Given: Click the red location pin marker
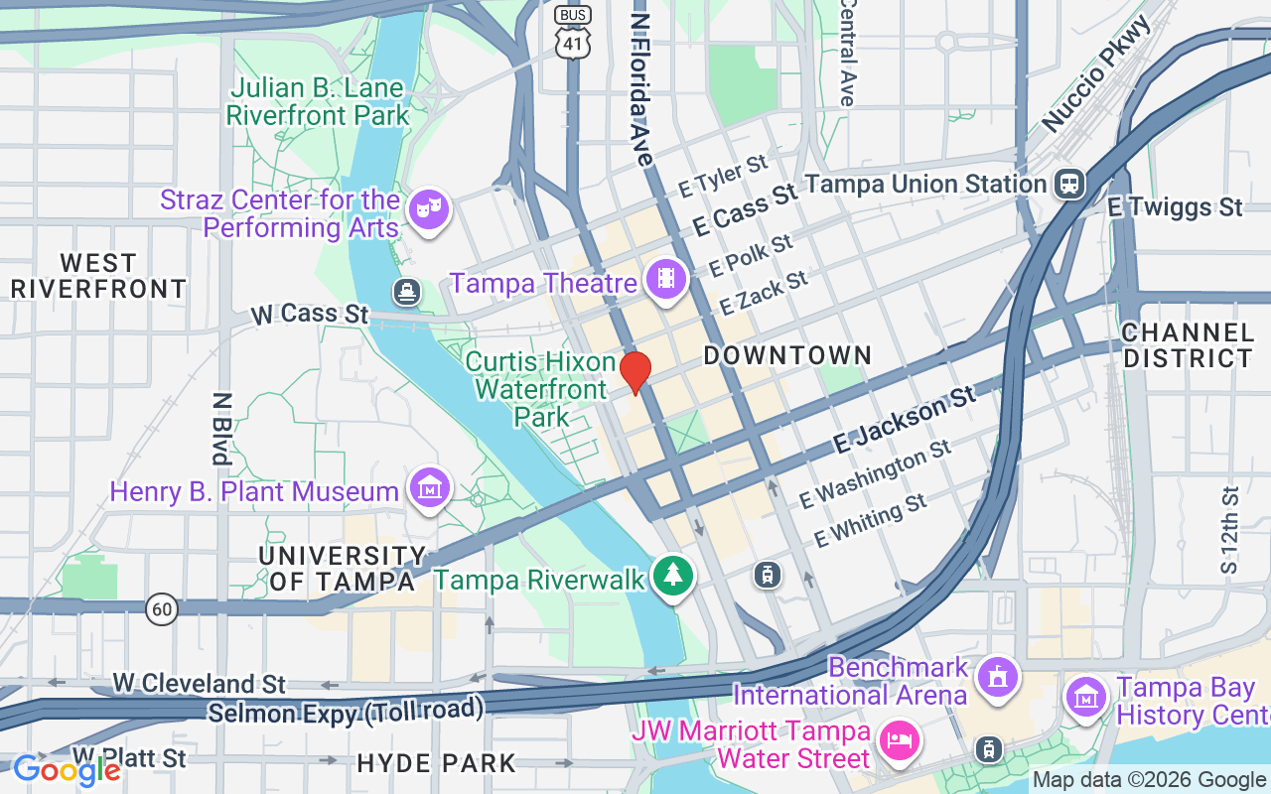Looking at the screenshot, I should [x=635, y=372].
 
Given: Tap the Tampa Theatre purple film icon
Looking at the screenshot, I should [x=666, y=279].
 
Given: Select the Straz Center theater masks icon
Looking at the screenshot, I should [x=429, y=209].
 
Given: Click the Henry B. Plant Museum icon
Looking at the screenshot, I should [x=429, y=488].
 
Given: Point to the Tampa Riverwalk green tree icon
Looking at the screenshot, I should [x=673, y=576].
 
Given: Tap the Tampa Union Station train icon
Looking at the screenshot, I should [x=1069, y=184].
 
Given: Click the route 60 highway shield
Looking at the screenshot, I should [x=162, y=608].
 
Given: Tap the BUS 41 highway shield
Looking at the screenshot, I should [x=573, y=34].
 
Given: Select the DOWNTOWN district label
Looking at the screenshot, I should [x=787, y=355].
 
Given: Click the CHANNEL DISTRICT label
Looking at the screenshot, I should [x=1188, y=345].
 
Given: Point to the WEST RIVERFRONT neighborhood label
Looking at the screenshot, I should [x=98, y=276].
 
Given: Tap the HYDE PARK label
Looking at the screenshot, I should [x=437, y=763].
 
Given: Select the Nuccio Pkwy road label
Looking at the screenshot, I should [x=1097, y=74].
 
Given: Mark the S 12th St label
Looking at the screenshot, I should [x=1230, y=530].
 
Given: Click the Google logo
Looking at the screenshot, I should [x=67, y=769].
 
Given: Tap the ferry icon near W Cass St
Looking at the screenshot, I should [x=407, y=292].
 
